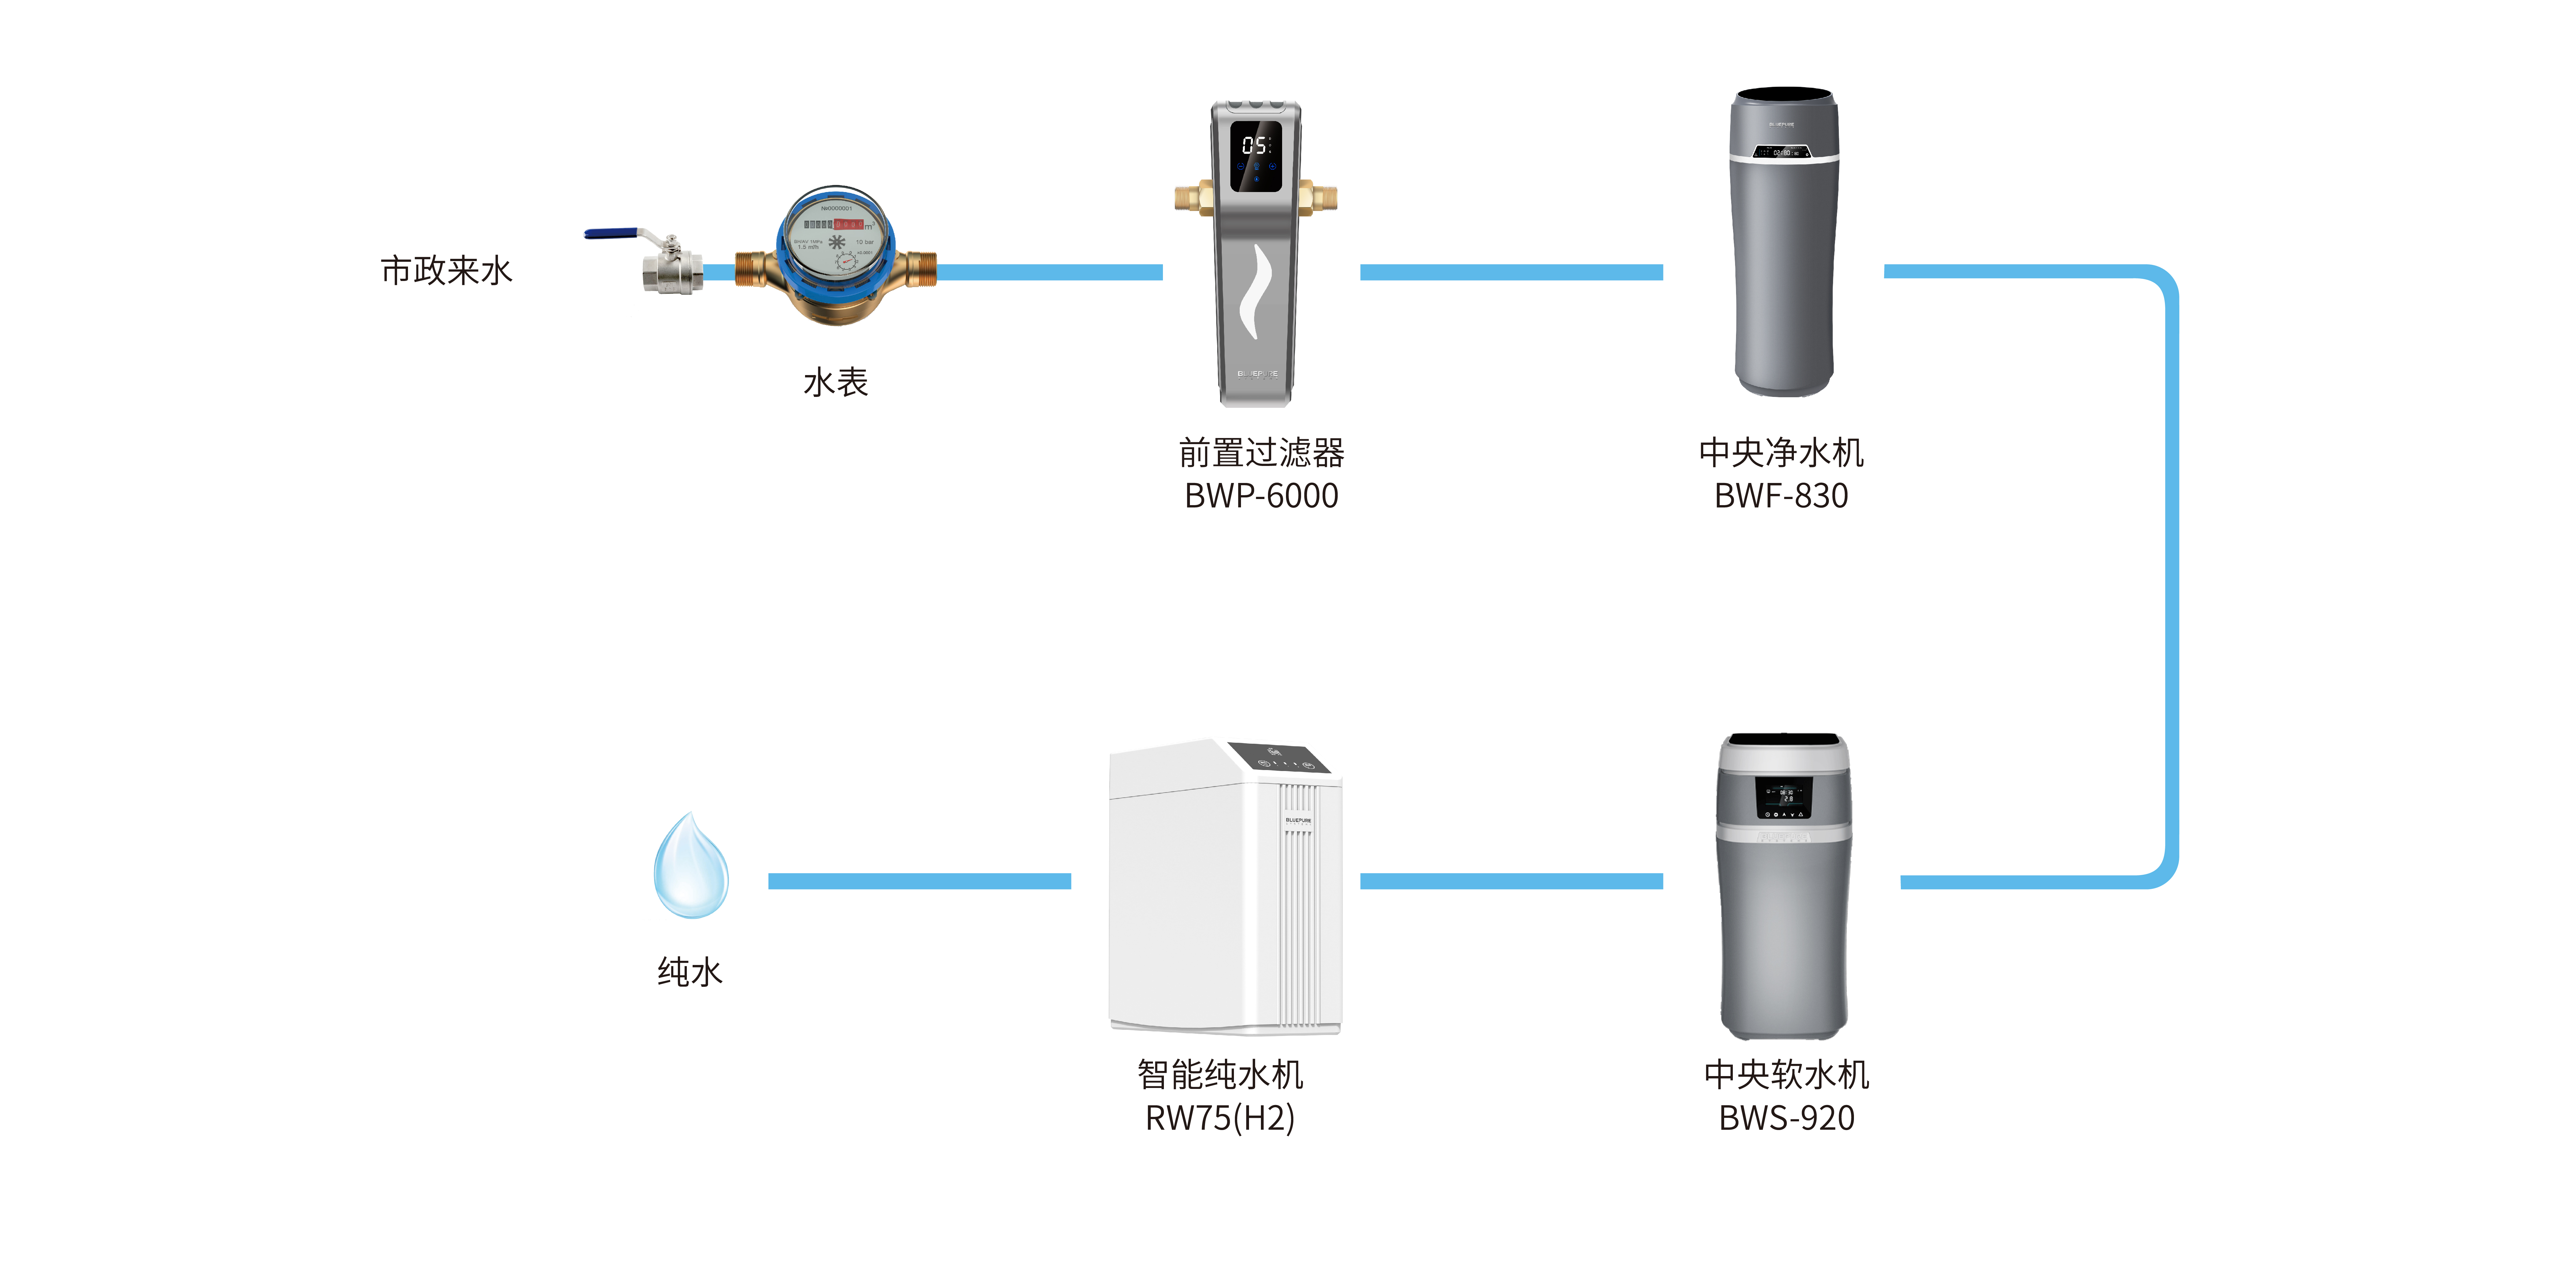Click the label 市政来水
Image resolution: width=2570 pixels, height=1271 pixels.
446,270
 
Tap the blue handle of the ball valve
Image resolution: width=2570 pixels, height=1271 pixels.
611,234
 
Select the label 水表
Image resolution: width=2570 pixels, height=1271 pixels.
836,382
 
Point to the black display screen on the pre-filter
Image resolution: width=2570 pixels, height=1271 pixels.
1256,155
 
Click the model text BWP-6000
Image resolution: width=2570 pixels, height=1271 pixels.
1261,496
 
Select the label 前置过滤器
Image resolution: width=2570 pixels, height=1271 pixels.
1261,453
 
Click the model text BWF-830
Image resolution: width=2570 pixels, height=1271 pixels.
1781,496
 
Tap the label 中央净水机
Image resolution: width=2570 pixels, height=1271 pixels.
1781,453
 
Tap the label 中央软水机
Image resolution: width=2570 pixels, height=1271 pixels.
1786,1074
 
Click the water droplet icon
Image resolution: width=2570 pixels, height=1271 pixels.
690,866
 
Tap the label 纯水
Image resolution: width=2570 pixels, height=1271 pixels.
689,972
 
